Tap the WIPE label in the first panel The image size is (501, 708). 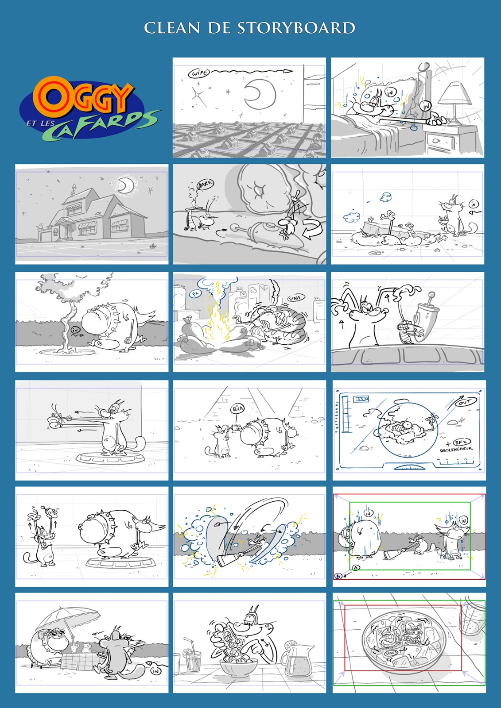point(198,73)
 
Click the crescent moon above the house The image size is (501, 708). point(127,185)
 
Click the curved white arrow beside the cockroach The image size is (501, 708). point(311,230)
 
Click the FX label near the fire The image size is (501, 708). point(195,293)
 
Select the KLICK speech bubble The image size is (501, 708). point(237,408)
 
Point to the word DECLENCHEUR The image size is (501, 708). point(456,449)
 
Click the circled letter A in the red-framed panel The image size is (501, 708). point(356,568)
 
